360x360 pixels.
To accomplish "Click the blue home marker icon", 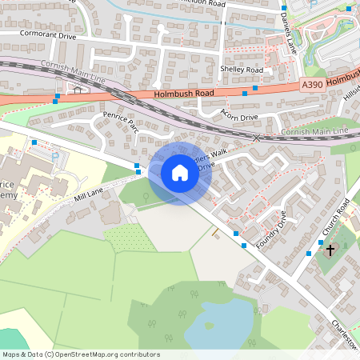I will pyautogui.click(x=180, y=173).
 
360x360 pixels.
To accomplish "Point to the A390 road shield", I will pyautogui.click(x=313, y=83).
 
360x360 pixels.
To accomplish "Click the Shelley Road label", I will pyautogui.click(x=241, y=70).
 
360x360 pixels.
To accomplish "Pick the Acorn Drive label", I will pyautogui.click(x=240, y=117).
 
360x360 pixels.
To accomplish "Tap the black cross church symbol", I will pyautogui.click(x=330, y=250).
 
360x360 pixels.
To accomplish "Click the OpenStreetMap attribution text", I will pyautogui.click(x=81, y=354).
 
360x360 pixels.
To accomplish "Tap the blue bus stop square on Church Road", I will pyautogui.click(x=309, y=254).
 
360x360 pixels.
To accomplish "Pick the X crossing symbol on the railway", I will pyautogui.click(x=257, y=138).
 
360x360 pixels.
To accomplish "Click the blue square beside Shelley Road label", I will pyautogui.click(x=255, y=87).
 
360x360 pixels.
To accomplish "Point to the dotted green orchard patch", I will pyautogui.click(x=119, y=237).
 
